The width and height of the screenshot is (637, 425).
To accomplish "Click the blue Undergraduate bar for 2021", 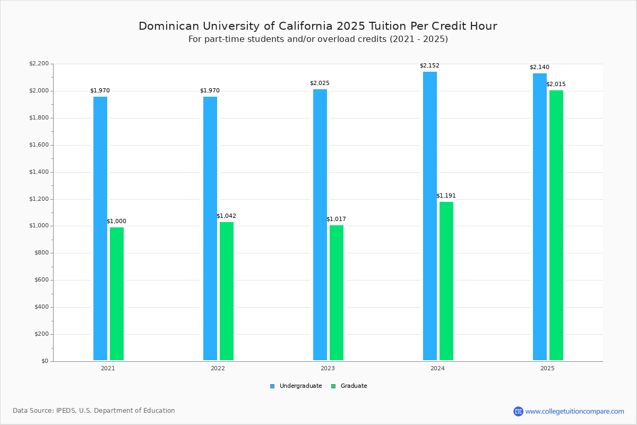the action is pos(100,228).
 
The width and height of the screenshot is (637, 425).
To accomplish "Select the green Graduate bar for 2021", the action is pos(117,294).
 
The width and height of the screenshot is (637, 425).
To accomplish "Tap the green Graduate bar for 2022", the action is pos(227,291).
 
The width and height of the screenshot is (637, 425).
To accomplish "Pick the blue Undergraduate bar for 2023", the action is pos(320,225).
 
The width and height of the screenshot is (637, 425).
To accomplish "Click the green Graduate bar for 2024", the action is pos(446,281).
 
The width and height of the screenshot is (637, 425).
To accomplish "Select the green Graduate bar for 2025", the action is pos(556,225).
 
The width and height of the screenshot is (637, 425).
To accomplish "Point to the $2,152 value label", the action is pos(429,66).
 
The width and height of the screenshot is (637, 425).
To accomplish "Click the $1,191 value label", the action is pos(446,196).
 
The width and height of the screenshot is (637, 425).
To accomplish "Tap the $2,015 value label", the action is pos(556,84).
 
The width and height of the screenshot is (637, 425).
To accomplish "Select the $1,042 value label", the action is pos(226,216).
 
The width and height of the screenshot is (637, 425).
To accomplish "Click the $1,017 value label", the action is pos(336,219).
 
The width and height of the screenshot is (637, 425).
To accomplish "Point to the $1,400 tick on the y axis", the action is pos(39,172).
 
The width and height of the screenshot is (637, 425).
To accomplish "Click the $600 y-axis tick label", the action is pos(41,280).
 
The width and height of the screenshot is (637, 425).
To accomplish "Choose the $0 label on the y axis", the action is pos(45,361).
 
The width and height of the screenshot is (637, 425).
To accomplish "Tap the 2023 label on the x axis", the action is pos(328,368).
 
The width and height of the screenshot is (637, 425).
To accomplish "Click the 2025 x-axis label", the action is pos(547,368).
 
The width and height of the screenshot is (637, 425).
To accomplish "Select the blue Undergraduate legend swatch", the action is pos(272,386).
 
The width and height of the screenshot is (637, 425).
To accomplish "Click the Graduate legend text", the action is pos(354,386).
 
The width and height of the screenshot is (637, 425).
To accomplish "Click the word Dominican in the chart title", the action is pos(169,26).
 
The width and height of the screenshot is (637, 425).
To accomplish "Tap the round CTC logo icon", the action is pos(518,412).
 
